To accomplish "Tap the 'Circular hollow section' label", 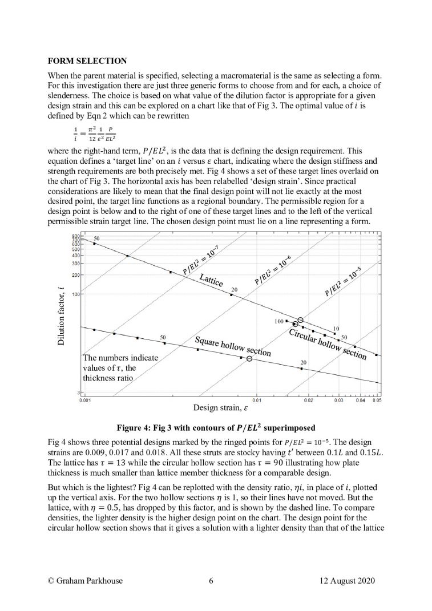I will pyautogui.click(x=327, y=344).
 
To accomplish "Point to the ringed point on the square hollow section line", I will pyautogui.click(x=249, y=359).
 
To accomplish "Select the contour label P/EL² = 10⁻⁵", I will pyautogui.click(x=344, y=284).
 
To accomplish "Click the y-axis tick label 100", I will pyautogui.click(x=75, y=294).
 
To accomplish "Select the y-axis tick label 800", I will pyautogui.click(x=75, y=236).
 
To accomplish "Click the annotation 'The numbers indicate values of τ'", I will pyautogui.click(x=120, y=367).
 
